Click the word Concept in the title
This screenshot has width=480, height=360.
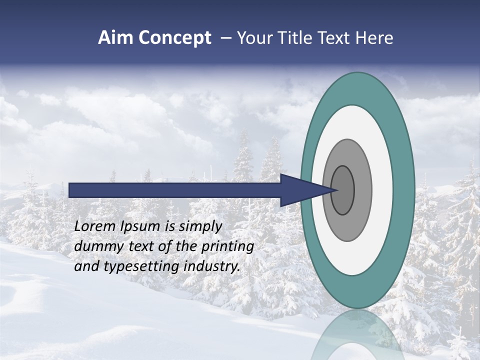coord(175,38)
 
